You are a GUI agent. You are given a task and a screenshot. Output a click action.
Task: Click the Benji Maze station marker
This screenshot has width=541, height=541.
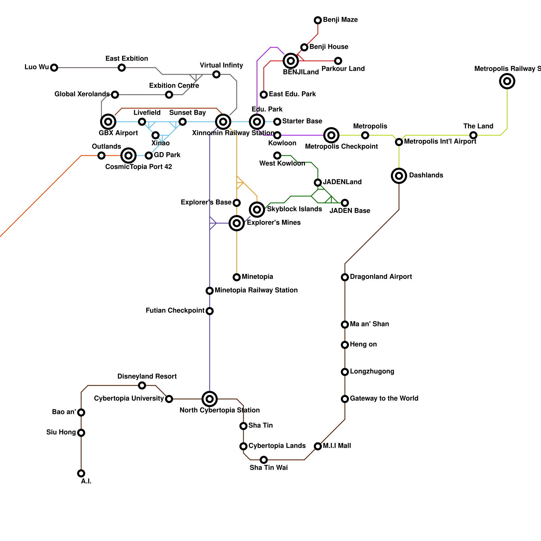point(318,20)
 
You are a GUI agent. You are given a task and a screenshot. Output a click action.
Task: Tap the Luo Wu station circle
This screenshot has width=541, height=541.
point(54,68)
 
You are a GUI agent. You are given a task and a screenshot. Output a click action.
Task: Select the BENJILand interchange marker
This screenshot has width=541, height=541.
point(291,61)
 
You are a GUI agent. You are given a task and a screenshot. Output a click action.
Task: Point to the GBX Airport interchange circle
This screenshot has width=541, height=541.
point(108,122)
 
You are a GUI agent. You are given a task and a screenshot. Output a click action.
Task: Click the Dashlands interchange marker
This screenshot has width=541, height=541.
point(399,176)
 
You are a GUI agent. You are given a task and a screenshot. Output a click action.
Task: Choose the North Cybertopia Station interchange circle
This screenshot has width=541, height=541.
point(210,399)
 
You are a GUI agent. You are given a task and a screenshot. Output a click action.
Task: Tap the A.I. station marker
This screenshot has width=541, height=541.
point(81,473)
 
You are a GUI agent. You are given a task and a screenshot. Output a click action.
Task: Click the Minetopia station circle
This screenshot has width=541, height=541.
point(237,277)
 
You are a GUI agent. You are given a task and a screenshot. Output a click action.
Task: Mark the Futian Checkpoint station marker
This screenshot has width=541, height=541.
point(210,311)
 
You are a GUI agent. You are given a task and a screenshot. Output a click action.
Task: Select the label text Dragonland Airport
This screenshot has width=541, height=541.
point(381,277)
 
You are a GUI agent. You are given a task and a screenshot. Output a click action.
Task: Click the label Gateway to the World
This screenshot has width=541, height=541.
point(384,398)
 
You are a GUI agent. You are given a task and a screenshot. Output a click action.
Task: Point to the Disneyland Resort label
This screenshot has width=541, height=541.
point(147,376)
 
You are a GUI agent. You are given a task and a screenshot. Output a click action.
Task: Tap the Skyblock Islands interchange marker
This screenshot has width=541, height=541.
point(257,210)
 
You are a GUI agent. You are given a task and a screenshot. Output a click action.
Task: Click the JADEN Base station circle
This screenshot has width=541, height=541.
point(345,203)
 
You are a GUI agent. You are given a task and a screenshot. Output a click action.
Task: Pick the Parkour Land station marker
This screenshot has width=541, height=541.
point(338,61)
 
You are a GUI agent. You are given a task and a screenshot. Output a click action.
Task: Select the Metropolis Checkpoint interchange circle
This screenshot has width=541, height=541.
point(331,135)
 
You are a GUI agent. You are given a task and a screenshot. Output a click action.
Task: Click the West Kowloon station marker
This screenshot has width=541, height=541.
point(277,156)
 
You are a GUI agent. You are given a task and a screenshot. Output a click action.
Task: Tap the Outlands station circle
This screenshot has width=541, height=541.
point(101,156)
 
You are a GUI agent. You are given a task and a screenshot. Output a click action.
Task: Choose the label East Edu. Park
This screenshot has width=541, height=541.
point(292,94)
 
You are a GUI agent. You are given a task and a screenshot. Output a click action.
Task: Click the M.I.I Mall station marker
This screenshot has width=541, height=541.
point(318,446)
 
